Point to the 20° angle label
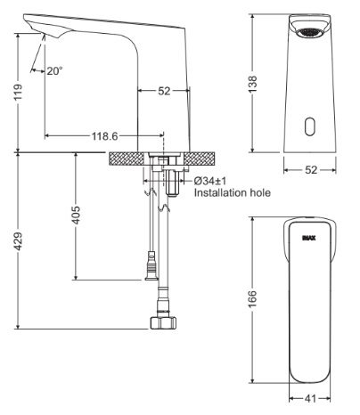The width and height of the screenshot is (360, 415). click(x=54, y=70)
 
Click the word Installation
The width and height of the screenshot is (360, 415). click(x=217, y=191)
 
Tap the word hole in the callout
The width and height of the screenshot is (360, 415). click(x=258, y=191)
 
